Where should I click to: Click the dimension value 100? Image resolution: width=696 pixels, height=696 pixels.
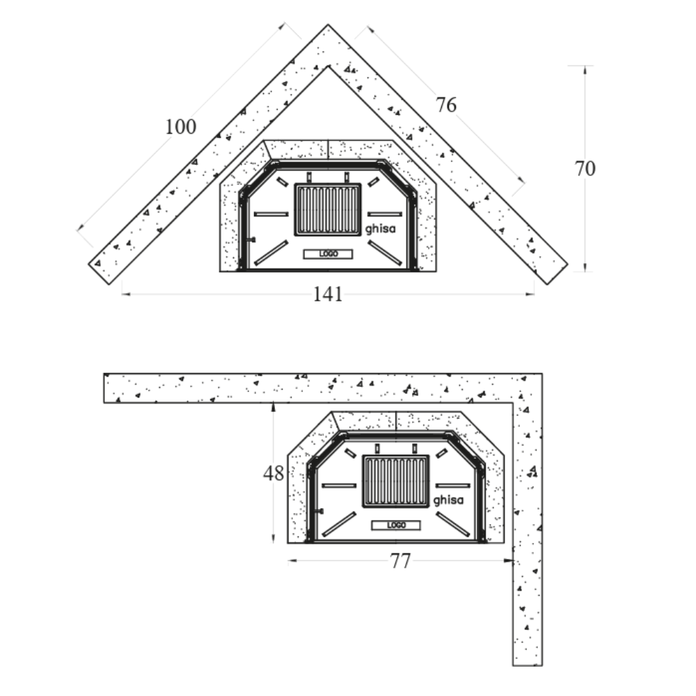(x=181, y=127)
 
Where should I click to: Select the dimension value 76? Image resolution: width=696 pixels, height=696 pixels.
(x=445, y=105)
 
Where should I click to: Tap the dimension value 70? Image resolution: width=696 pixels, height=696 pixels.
(x=585, y=168)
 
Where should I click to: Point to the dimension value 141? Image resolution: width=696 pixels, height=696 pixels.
(x=328, y=294)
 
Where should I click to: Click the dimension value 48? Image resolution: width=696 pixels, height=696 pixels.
(x=274, y=473)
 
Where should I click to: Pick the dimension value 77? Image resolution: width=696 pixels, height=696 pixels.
(x=400, y=561)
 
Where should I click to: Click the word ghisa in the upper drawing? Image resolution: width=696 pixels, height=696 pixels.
(x=380, y=228)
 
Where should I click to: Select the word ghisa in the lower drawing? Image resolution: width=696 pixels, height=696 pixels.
(x=448, y=500)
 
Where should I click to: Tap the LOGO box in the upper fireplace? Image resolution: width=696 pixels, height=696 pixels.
(x=328, y=254)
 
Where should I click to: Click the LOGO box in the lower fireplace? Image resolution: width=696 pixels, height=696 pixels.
(x=396, y=525)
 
